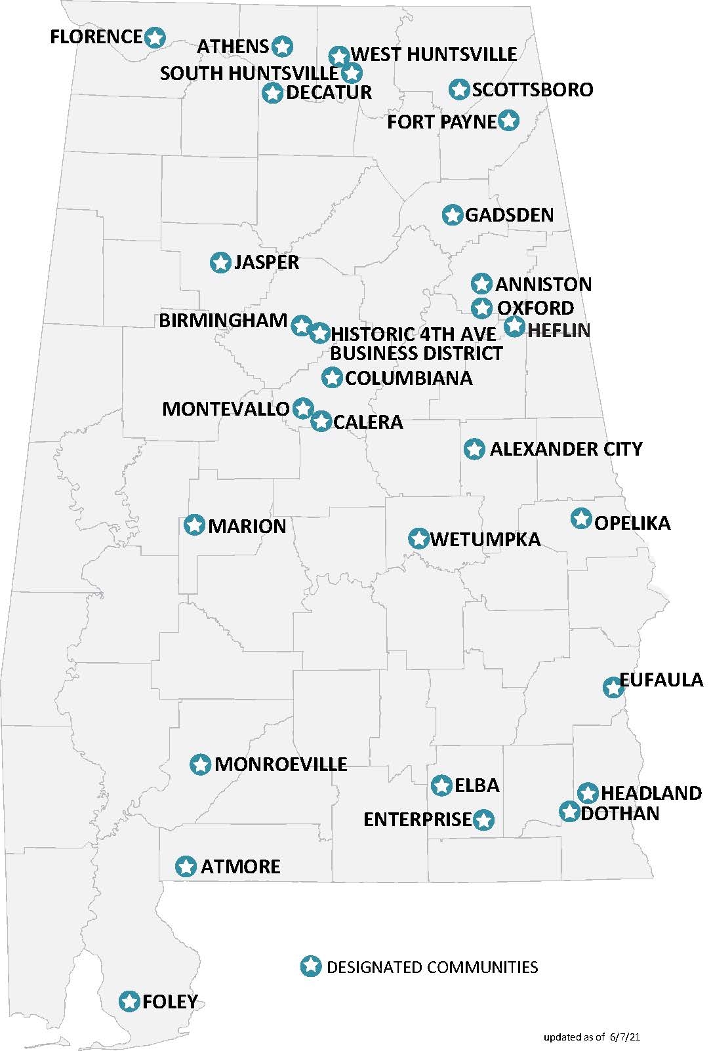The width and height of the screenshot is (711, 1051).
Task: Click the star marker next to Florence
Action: click(x=154, y=37)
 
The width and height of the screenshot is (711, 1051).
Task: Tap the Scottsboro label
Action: click(x=532, y=90)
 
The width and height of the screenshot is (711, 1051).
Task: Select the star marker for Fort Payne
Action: click(x=509, y=120)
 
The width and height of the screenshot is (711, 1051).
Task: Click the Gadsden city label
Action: click(x=509, y=215)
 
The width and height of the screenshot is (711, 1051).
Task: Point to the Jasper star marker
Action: click(x=220, y=262)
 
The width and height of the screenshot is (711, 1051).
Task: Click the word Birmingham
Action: click(x=223, y=321)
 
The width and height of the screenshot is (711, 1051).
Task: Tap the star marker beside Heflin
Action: click(x=514, y=326)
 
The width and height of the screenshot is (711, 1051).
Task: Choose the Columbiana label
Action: click(x=408, y=378)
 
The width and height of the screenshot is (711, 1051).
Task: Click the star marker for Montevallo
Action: click(x=302, y=408)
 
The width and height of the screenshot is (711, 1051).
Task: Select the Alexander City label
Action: click(x=565, y=449)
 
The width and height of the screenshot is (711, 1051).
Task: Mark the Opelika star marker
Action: click(x=581, y=519)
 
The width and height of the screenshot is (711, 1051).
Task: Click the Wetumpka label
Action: click(x=485, y=540)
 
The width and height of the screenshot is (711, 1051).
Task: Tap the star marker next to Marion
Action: click(x=195, y=525)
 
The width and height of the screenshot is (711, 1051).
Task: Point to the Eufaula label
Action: click(x=660, y=680)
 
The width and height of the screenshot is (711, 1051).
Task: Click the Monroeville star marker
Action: click(x=201, y=764)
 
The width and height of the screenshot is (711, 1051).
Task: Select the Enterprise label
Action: click(x=417, y=820)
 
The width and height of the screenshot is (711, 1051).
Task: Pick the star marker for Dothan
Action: click(x=569, y=811)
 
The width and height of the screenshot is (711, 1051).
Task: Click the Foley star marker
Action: click(x=130, y=1001)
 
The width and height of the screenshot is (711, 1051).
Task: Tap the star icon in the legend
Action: click(x=311, y=966)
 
